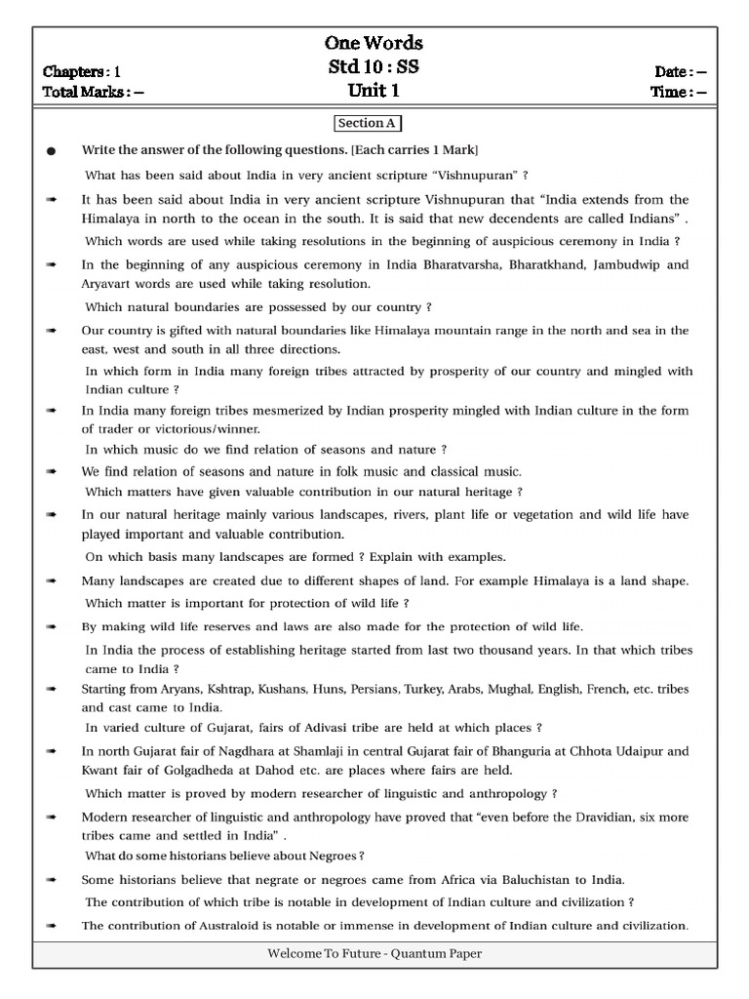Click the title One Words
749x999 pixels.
click(x=374, y=43)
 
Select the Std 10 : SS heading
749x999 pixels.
click(x=374, y=67)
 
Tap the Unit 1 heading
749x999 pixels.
click(x=374, y=92)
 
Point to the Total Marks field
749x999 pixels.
click(x=94, y=93)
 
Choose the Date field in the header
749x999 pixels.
click(x=680, y=72)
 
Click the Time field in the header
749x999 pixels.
click(x=679, y=93)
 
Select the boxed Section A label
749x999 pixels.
click(x=368, y=124)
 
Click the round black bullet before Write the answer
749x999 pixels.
click(x=52, y=151)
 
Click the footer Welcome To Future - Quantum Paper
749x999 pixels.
click(x=374, y=955)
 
